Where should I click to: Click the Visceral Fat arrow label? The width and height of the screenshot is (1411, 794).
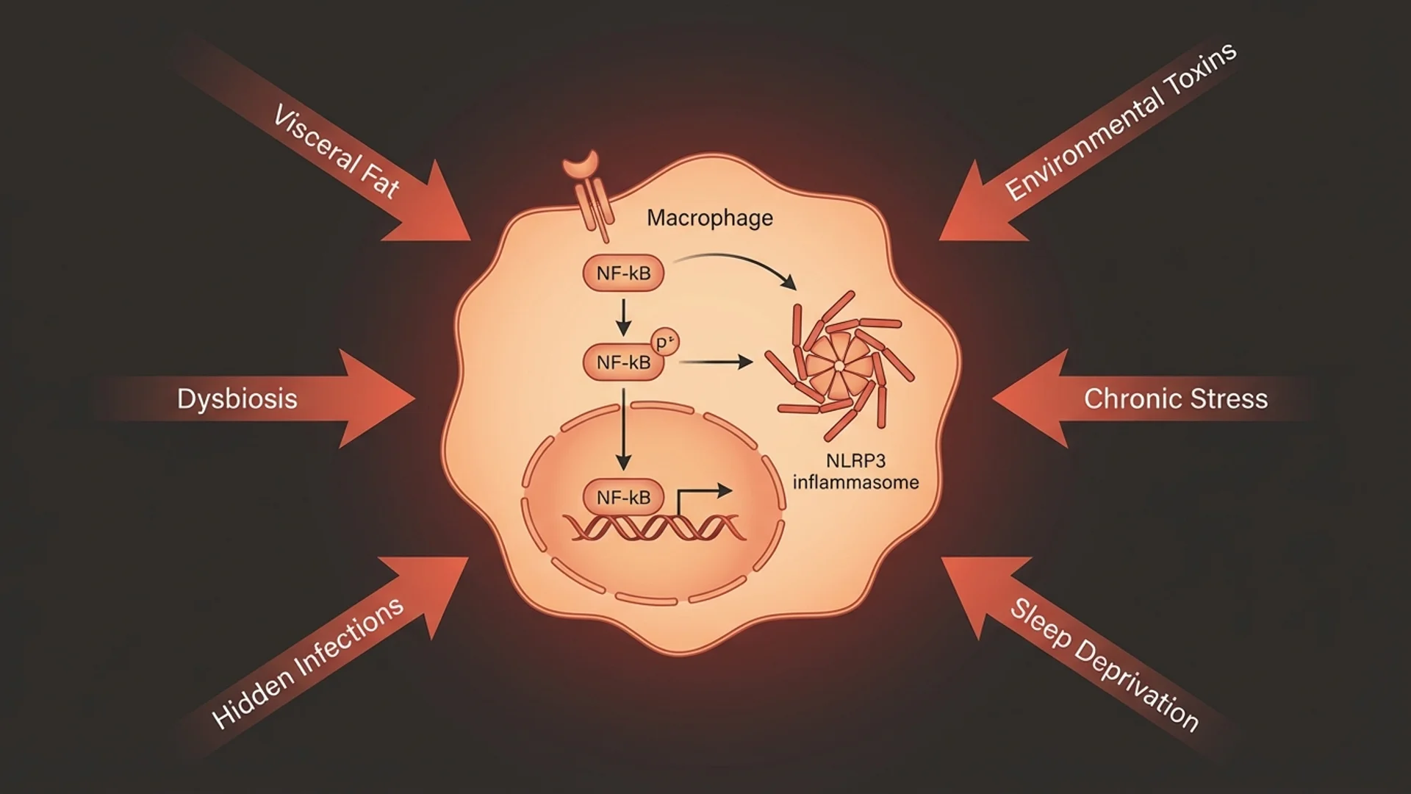click(337, 151)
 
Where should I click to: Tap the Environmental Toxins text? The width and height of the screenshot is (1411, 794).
click(1120, 122)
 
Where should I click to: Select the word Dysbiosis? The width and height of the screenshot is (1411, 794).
click(237, 398)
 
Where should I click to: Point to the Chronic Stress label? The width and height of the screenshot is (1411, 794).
click(1175, 398)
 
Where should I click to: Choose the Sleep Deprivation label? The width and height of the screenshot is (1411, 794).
click(1104, 664)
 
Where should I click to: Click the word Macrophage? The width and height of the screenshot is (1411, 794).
click(709, 218)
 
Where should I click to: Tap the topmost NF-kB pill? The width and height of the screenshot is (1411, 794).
click(623, 273)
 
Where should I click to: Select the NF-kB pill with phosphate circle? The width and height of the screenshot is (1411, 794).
click(623, 362)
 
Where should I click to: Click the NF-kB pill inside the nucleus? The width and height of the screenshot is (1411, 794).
click(623, 498)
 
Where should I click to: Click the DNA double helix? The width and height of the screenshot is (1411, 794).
click(654, 528)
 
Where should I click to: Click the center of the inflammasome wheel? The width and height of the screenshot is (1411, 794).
click(839, 365)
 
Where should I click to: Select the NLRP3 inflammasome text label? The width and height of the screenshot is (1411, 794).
click(855, 472)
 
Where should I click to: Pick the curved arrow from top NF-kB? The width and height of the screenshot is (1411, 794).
click(742, 263)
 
